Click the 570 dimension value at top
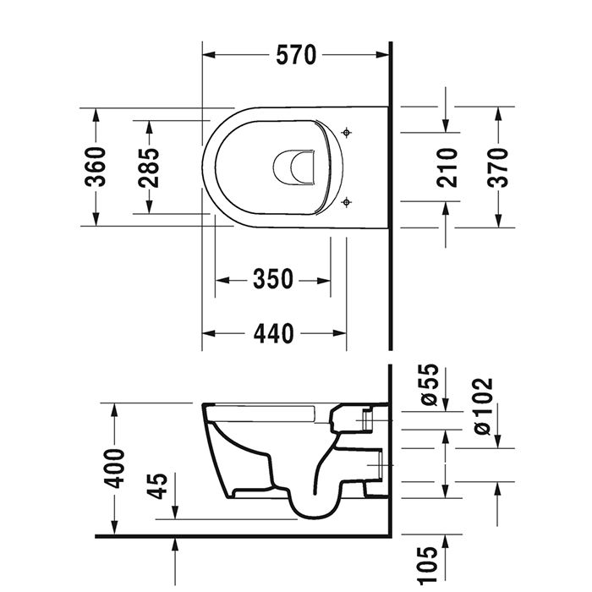pos(296,55)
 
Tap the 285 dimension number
pos(149,167)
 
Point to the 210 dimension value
pos(447,167)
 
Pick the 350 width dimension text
pos(272,279)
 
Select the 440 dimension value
pos(272,334)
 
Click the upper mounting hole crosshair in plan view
pos(347,133)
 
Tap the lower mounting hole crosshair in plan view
pos(347,202)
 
